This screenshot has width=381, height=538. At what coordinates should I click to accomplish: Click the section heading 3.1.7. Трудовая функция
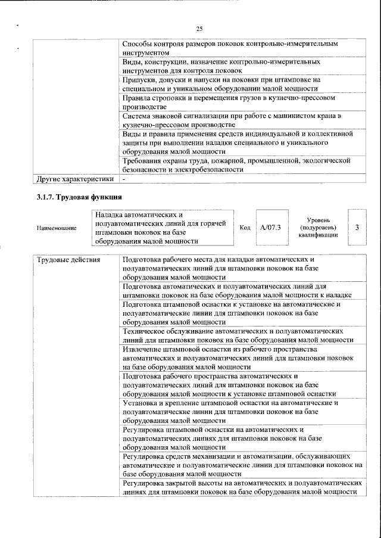point(80,197)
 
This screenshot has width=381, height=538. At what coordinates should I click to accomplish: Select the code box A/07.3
point(270,228)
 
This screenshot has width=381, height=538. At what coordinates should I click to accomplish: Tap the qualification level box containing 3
point(357,228)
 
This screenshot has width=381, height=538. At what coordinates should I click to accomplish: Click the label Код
point(245,228)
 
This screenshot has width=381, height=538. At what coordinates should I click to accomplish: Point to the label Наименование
point(57,228)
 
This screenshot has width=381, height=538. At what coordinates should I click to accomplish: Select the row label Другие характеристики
point(74,178)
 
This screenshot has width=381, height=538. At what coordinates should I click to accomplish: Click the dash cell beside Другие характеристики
point(124,178)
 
